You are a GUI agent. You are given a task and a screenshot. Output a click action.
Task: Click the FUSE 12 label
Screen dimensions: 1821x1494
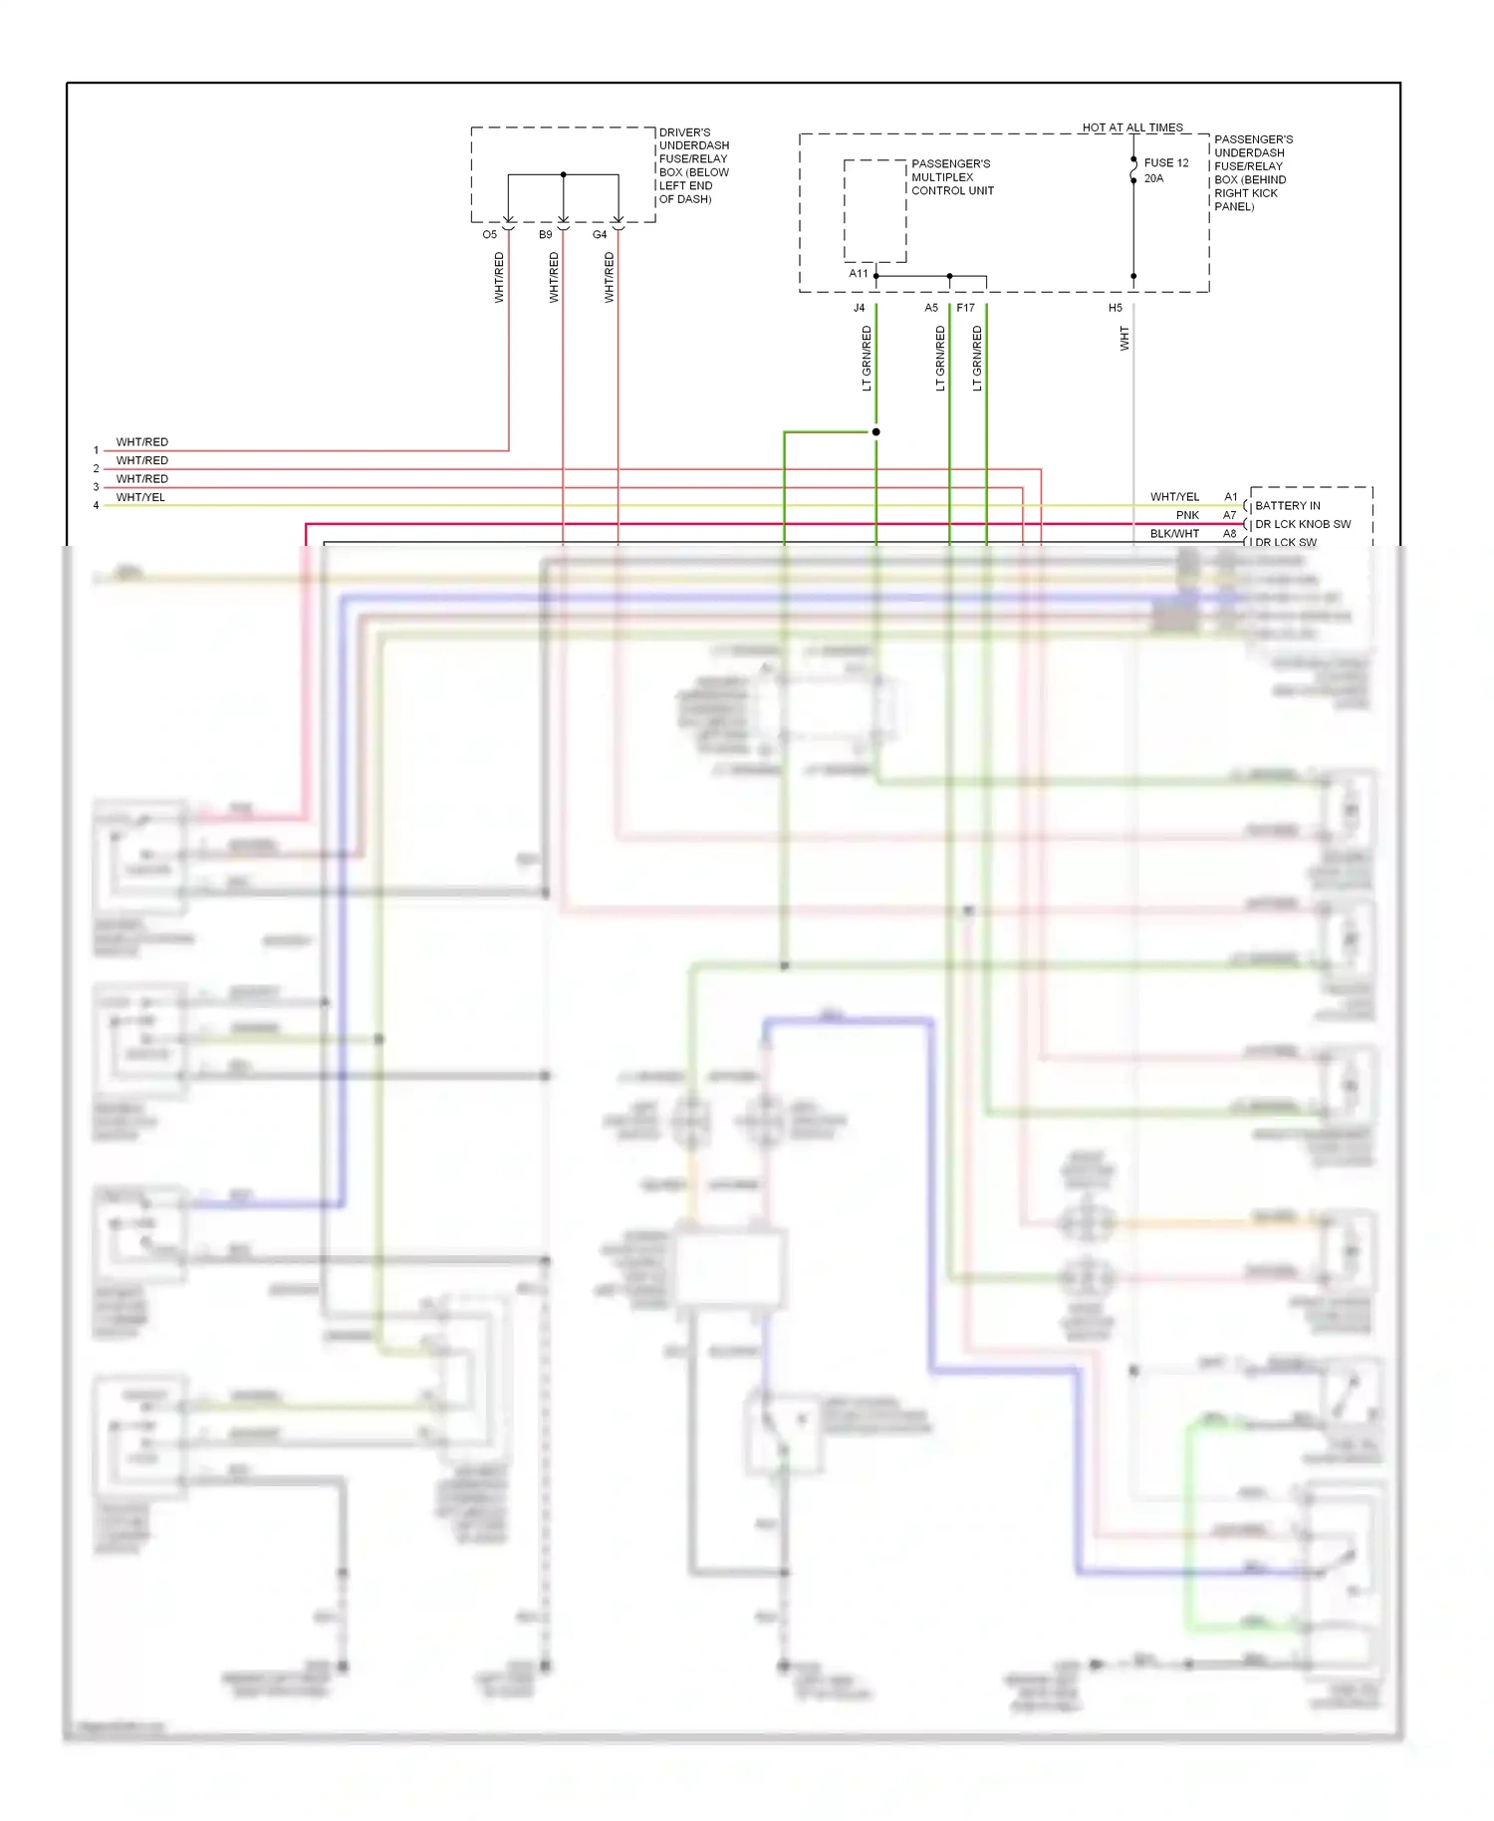click(x=1165, y=163)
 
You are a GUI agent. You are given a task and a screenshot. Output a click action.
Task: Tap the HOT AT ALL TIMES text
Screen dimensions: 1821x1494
click(x=1132, y=128)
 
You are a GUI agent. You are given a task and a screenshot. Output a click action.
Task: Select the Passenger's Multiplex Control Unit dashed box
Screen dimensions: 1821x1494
click(x=874, y=210)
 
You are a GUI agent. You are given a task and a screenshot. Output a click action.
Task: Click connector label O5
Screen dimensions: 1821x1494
click(x=489, y=235)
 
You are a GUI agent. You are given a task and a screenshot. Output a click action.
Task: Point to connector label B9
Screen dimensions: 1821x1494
click(x=545, y=235)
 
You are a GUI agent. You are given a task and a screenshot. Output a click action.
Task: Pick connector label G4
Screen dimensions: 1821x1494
click(x=600, y=235)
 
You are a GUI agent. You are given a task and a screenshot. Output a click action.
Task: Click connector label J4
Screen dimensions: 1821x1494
click(x=859, y=308)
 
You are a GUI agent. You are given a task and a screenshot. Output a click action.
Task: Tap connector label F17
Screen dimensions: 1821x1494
click(x=965, y=308)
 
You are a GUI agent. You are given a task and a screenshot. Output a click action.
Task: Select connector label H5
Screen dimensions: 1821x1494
click(x=1116, y=308)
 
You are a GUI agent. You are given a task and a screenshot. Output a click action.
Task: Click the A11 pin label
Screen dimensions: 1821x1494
click(x=858, y=273)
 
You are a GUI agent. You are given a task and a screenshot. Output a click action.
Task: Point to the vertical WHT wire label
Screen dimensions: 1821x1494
click(x=1124, y=339)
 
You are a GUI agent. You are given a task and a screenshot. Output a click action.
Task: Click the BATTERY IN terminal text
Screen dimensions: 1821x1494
click(x=1287, y=505)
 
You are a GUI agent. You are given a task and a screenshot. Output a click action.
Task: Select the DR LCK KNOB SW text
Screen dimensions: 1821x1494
click(x=1302, y=524)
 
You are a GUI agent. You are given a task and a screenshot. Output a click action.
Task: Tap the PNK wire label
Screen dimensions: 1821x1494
click(x=1187, y=515)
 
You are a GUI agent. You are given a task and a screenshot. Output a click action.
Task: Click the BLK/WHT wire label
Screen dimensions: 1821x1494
click(x=1174, y=534)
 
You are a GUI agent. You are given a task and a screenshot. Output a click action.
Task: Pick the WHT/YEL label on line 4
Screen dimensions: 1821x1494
click(x=140, y=497)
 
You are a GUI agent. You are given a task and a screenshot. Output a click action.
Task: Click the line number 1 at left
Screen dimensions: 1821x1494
click(x=96, y=450)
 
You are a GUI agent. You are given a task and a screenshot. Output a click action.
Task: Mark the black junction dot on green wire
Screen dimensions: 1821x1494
click(x=875, y=432)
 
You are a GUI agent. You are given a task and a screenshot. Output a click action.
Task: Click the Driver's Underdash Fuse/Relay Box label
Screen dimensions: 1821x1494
click(x=693, y=165)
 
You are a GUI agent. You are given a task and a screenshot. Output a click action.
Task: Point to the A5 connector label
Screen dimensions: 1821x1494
click(x=931, y=308)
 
